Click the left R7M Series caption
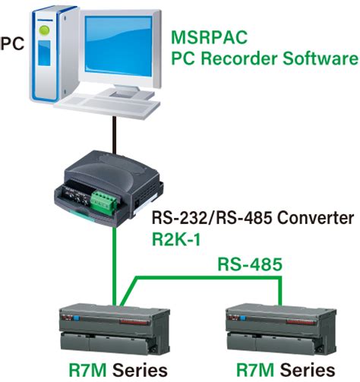(114, 370)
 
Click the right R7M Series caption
(281, 370)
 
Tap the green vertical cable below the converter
(115, 258)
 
